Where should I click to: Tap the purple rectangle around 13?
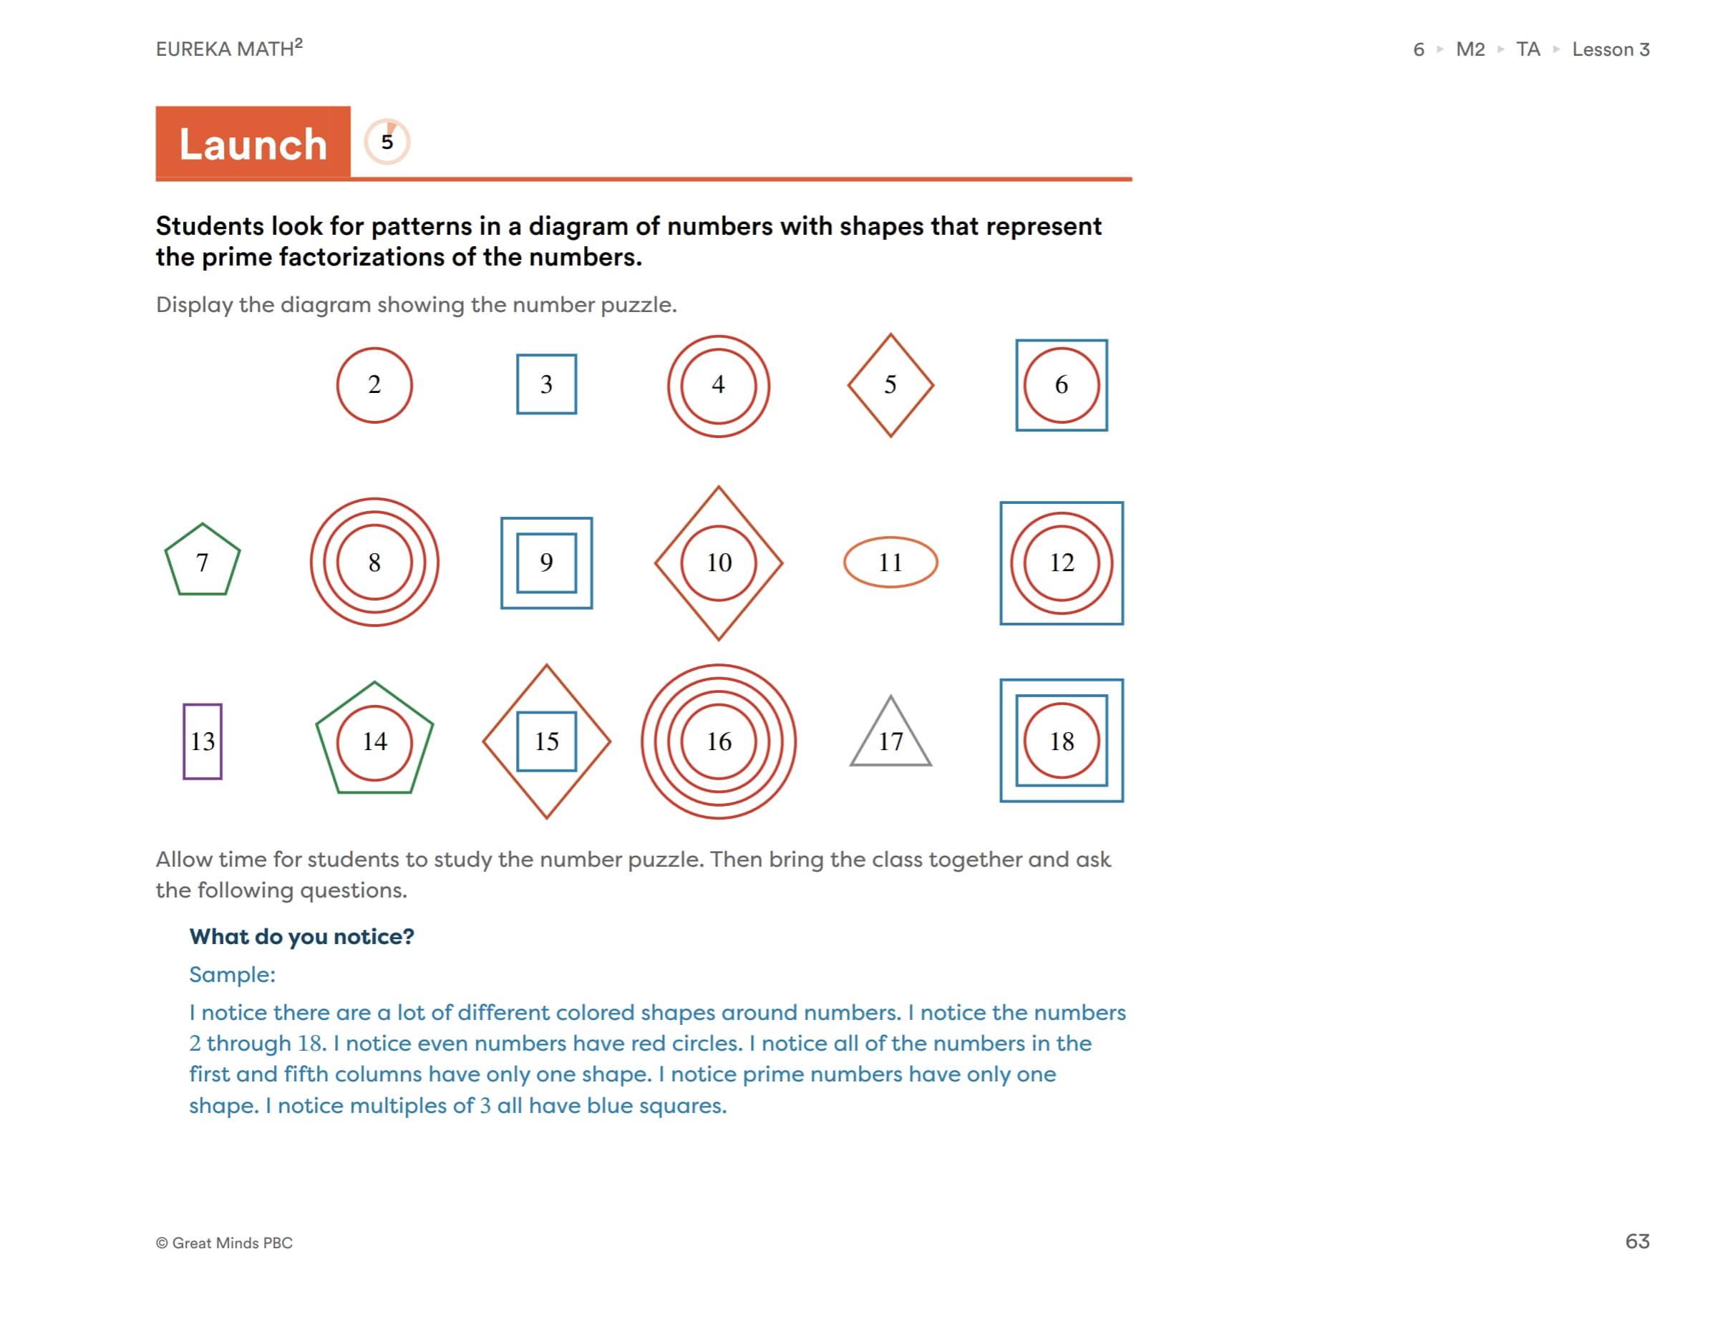[203, 740]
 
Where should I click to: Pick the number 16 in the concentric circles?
[717, 740]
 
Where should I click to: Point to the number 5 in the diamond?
[889, 384]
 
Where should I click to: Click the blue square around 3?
[545, 384]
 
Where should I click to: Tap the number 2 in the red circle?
[374, 384]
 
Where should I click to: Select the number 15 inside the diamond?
[545, 740]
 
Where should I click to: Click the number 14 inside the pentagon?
[374, 740]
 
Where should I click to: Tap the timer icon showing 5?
[387, 141]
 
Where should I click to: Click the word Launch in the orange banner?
[253, 145]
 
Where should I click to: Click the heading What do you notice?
[301, 935]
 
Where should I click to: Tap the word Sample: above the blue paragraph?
[232, 973]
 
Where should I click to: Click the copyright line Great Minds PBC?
[224, 1242]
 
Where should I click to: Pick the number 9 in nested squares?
[545, 561]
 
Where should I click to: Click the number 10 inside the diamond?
[717, 561]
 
